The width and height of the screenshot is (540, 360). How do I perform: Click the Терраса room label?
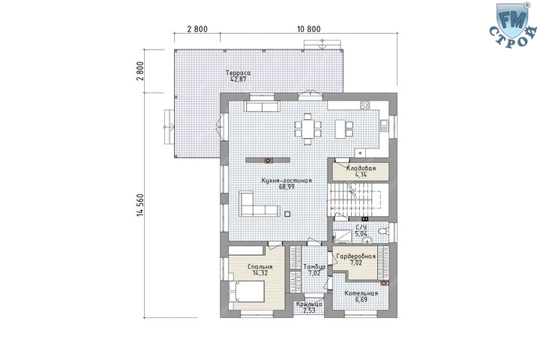[238, 73]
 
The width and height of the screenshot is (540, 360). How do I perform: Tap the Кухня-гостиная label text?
[286, 181]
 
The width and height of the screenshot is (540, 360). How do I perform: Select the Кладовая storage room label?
[361, 169]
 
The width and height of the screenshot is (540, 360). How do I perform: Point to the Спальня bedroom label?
[260, 267]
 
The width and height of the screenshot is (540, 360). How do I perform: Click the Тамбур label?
[314, 267]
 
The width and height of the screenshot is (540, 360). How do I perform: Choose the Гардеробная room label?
[356, 256]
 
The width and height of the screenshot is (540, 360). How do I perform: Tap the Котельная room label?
[361, 293]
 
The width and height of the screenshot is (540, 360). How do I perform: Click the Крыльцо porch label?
[309, 304]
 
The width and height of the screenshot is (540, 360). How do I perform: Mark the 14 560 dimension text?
[139, 205]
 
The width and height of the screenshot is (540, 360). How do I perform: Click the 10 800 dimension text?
[308, 29]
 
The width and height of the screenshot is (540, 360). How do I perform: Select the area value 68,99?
[286, 187]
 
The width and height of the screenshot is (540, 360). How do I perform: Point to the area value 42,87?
[238, 79]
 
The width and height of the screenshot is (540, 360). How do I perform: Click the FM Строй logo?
[513, 25]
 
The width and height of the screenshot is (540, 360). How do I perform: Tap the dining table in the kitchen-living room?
[307, 128]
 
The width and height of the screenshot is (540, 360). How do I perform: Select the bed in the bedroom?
[246, 291]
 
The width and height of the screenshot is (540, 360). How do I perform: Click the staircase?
[357, 199]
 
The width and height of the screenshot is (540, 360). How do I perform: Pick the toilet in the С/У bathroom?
[383, 231]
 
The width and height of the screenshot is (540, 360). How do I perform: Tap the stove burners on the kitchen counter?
[364, 105]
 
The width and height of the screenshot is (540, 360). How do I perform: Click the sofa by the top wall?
[262, 106]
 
